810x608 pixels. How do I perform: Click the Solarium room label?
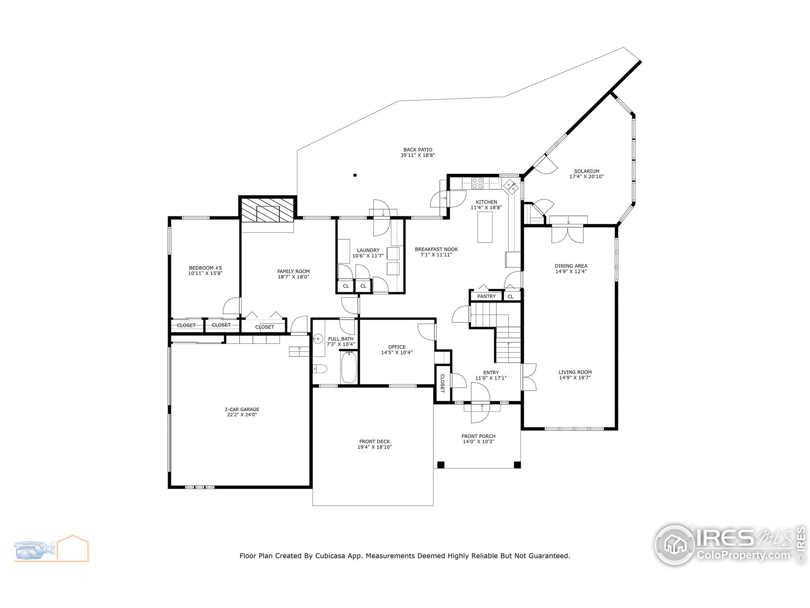click(x=586, y=171)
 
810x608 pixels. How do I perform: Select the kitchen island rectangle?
click(x=484, y=227)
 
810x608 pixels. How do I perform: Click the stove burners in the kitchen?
click(x=477, y=183)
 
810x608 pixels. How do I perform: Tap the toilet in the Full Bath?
click(x=320, y=369)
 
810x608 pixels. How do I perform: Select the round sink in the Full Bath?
click(x=318, y=339)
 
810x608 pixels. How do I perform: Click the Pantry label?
click(x=486, y=296)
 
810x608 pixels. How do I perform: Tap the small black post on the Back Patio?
click(x=354, y=175)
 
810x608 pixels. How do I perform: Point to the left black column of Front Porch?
click(x=441, y=465)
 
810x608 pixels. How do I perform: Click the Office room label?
click(x=396, y=347)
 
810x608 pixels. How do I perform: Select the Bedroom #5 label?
click(x=205, y=268)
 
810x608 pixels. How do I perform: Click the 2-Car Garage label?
click(x=242, y=409)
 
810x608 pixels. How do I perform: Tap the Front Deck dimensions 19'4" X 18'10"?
click(x=374, y=447)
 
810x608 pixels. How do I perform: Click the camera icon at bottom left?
click(x=35, y=549)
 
